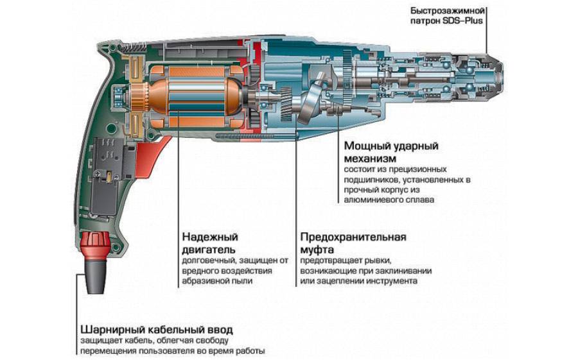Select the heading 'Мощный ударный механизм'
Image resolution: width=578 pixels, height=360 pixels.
click(x=392, y=151)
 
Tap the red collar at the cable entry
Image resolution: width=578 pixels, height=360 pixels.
click(x=95, y=243)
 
